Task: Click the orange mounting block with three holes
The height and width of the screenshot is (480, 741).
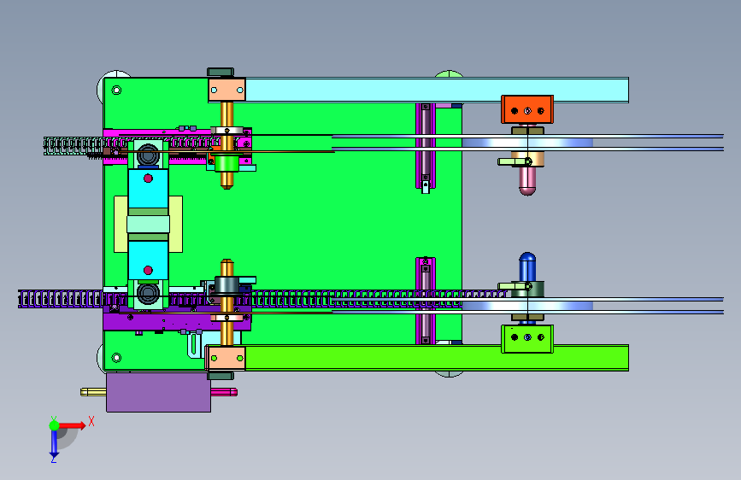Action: click(527, 109)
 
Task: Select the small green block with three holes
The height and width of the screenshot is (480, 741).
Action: click(527, 338)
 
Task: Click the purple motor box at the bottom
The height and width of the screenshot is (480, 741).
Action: click(158, 392)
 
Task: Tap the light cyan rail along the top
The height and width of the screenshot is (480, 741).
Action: click(437, 90)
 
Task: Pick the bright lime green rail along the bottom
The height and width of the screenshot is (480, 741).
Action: click(437, 358)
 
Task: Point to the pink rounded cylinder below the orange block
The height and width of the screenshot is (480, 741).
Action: click(527, 180)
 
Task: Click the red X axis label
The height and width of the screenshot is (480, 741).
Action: click(91, 421)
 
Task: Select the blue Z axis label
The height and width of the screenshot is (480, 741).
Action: click(54, 459)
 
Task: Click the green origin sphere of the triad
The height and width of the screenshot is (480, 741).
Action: click(55, 425)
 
